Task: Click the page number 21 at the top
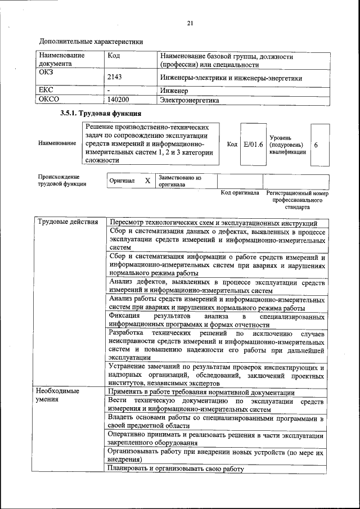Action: (x=190, y=23)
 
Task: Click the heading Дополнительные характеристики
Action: (x=91, y=41)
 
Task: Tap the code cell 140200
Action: (x=118, y=100)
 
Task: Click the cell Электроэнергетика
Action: (x=190, y=101)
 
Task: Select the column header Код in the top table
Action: (x=113, y=56)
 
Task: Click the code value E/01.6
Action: (x=253, y=145)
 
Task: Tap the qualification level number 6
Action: (x=316, y=145)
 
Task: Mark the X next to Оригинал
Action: (x=147, y=181)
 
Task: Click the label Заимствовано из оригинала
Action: (x=179, y=181)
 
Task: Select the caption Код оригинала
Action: (x=240, y=193)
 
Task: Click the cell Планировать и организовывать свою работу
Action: (x=177, y=469)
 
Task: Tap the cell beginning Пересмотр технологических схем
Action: (x=214, y=223)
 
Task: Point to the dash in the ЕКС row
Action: (x=109, y=89)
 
